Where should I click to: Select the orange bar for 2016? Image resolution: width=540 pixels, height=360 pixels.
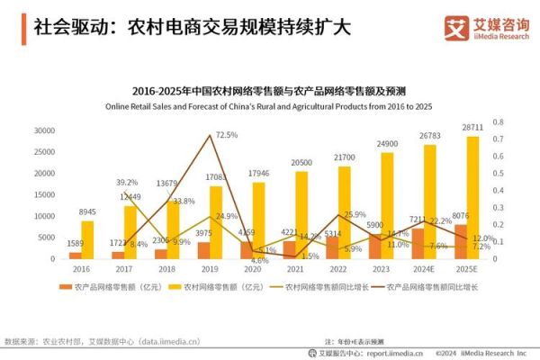[x=75, y=255]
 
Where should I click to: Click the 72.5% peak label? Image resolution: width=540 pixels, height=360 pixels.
[x=226, y=135]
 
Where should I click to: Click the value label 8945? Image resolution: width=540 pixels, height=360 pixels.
[x=86, y=212]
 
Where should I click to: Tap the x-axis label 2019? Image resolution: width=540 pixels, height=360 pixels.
[x=210, y=268]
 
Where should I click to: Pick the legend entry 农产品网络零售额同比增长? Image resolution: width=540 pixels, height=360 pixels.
[x=432, y=286]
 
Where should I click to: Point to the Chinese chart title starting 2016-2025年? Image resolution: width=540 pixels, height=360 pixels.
[x=269, y=90]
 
